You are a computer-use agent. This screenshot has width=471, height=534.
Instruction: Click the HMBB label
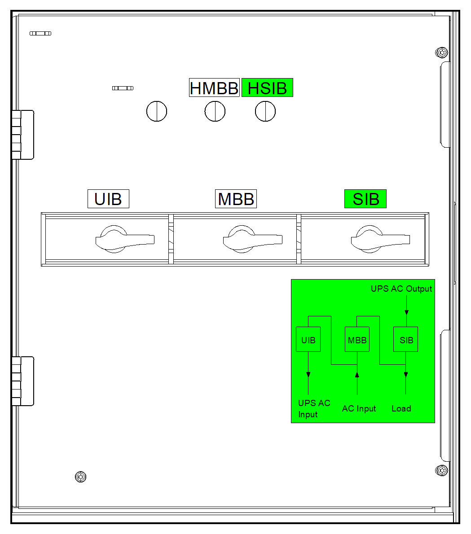214,88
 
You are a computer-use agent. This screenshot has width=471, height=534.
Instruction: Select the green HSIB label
267,88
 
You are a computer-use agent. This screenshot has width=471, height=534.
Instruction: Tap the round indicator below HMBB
215,111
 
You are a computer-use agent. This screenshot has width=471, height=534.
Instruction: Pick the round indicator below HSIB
265,111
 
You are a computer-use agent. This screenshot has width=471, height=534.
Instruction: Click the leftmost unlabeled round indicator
157,111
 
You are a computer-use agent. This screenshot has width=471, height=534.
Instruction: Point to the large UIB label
108,199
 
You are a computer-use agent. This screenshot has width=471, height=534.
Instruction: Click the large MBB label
236,199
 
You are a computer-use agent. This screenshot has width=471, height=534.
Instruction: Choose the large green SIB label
365,199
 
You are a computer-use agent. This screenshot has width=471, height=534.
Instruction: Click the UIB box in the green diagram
308,340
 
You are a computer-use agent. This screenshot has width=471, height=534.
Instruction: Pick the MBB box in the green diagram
357,340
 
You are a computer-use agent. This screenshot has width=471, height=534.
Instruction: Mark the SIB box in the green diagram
406,340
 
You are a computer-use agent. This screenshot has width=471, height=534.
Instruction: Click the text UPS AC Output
401,289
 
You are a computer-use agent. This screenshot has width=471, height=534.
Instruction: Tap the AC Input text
359,408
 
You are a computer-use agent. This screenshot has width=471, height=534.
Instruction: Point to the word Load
401,408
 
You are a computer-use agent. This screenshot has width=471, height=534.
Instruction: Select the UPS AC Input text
314,408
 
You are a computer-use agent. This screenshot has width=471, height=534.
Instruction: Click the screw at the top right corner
442,53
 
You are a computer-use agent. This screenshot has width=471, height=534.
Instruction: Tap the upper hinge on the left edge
22,135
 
